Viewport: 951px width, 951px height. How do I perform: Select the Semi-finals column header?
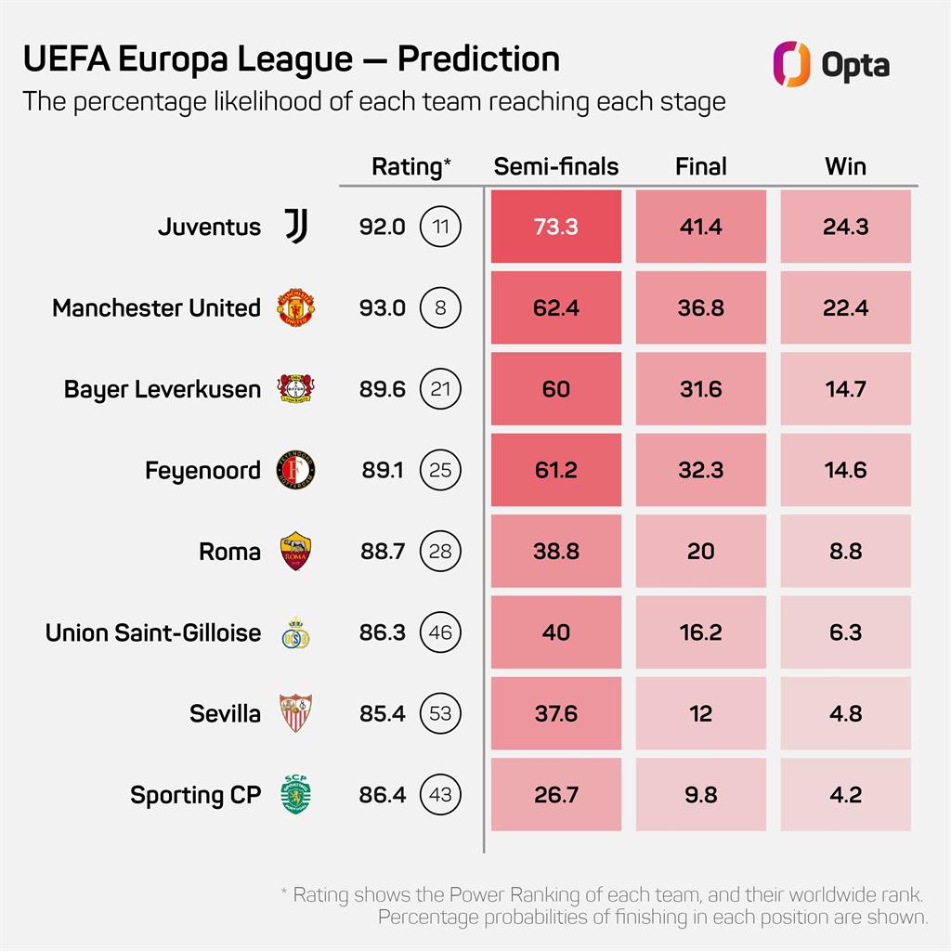click(555, 166)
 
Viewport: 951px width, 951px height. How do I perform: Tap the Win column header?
click(845, 166)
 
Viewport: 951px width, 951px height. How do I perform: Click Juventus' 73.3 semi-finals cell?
click(555, 227)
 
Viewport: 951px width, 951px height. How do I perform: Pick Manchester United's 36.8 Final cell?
click(700, 307)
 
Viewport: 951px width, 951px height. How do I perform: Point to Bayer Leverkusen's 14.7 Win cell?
click(845, 389)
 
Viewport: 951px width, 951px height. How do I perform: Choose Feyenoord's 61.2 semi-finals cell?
click(555, 470)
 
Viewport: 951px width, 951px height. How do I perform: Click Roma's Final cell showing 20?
click(700, 552)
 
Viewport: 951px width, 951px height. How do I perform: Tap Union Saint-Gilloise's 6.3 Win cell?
click(845, 632)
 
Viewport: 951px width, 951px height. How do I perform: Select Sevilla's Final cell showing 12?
click(700, 714)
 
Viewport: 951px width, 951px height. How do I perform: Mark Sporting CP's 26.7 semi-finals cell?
click(555, 795)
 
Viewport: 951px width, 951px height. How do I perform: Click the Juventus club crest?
click(296, 227)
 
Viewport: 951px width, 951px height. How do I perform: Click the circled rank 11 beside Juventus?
click(440, 227)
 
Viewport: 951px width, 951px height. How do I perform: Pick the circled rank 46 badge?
click(440, 632)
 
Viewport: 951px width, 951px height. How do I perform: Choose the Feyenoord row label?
click(202, 471)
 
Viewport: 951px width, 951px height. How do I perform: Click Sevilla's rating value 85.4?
click(382, 714)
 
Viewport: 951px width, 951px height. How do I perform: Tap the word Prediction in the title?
click(478, 59)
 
